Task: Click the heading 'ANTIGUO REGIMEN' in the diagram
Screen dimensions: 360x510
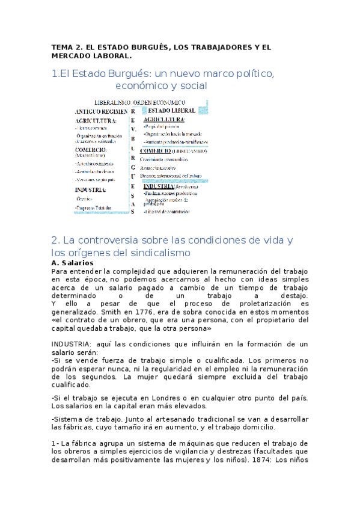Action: click(x=101, y=112)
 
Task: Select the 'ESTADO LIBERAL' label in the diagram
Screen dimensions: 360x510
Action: click(x=171, y=111)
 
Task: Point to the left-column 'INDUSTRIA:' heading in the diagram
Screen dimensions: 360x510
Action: click(x=91, y=189)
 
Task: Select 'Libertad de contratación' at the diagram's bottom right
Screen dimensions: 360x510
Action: click(x=166, y=211)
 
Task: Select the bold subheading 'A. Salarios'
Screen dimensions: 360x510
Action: click(x=73, y=263)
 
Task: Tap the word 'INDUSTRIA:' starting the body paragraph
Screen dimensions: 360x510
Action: click(x=72, y=344)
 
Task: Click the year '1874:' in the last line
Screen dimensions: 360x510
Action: click(x=263, y=459)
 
